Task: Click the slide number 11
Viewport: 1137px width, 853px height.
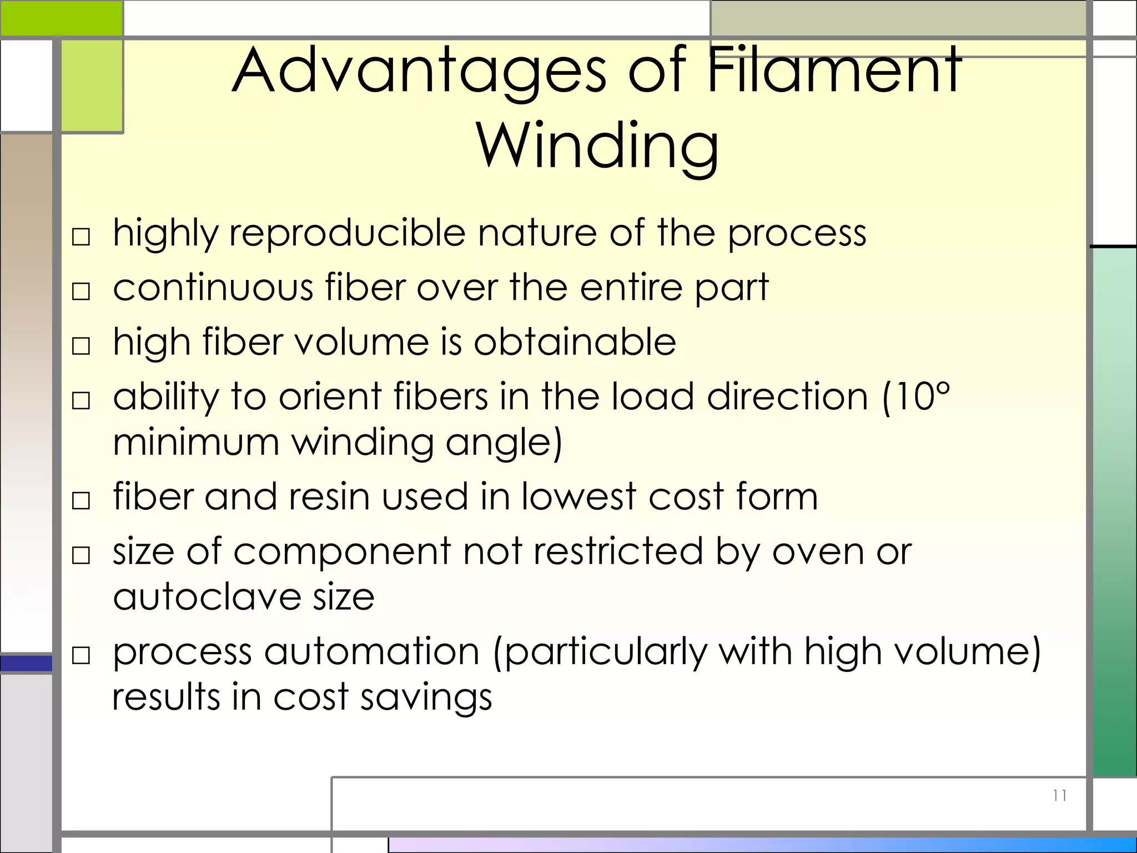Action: pos(1059,796)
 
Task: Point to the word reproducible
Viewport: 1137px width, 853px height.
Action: pos(347,233)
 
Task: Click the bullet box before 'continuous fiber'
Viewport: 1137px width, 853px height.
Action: pos(81,291)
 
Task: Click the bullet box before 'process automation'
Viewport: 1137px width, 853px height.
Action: pos(81,655)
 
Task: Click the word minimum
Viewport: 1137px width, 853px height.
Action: pos(195,443)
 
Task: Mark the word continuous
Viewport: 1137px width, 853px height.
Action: pos(213,287)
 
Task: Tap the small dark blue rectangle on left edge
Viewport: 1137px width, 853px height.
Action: pos(26,663)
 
